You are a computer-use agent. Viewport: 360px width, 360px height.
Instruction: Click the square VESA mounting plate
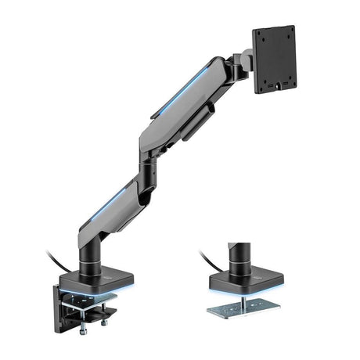(x=274, y=59)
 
